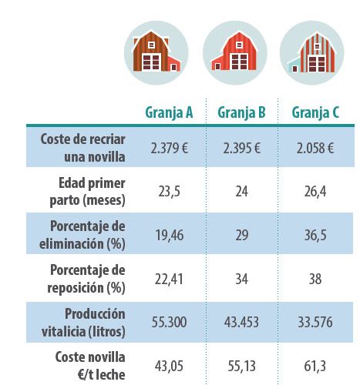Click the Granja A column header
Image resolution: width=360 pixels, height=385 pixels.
[169, 113]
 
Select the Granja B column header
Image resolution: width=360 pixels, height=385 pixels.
[241, 113]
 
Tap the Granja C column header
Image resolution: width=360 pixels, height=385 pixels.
[315, 113]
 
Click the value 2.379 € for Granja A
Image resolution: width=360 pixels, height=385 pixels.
[170, 149]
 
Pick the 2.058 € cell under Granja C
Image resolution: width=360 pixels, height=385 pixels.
[315, 149]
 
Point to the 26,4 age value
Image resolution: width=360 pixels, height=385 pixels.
[315, 192]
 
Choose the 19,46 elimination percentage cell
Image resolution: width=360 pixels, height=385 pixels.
[170, 236]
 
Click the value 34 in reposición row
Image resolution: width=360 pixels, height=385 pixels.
[242, 279]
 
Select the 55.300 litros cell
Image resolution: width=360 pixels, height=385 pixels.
[169, 323]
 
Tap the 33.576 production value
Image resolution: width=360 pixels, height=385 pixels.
[315, 323]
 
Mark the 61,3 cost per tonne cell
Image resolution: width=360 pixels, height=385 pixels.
[315, 367]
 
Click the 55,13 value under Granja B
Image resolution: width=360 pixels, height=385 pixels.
[242, 367]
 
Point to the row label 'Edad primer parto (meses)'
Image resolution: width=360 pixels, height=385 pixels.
[87, 192]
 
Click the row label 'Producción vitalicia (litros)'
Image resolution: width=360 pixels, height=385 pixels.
[83, 323]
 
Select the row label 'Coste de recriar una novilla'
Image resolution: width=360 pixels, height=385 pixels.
[82, 148]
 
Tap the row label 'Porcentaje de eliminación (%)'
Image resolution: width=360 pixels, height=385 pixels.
[82, 235]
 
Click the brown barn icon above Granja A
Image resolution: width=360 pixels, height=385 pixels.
[156, 52]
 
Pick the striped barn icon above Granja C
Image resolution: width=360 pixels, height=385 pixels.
[311, 52]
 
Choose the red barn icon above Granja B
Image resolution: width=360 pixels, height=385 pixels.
[235, 52]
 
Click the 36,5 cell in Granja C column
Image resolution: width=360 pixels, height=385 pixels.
[315, 236]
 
